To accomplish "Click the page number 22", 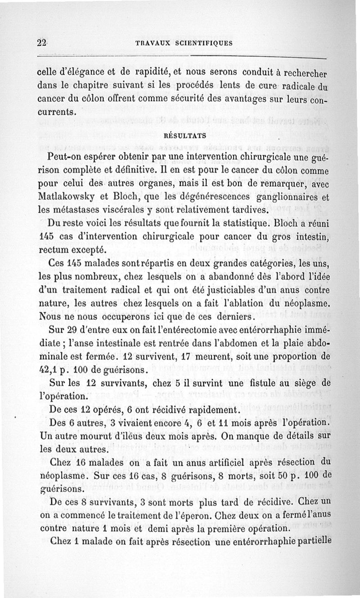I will click(42, 43).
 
